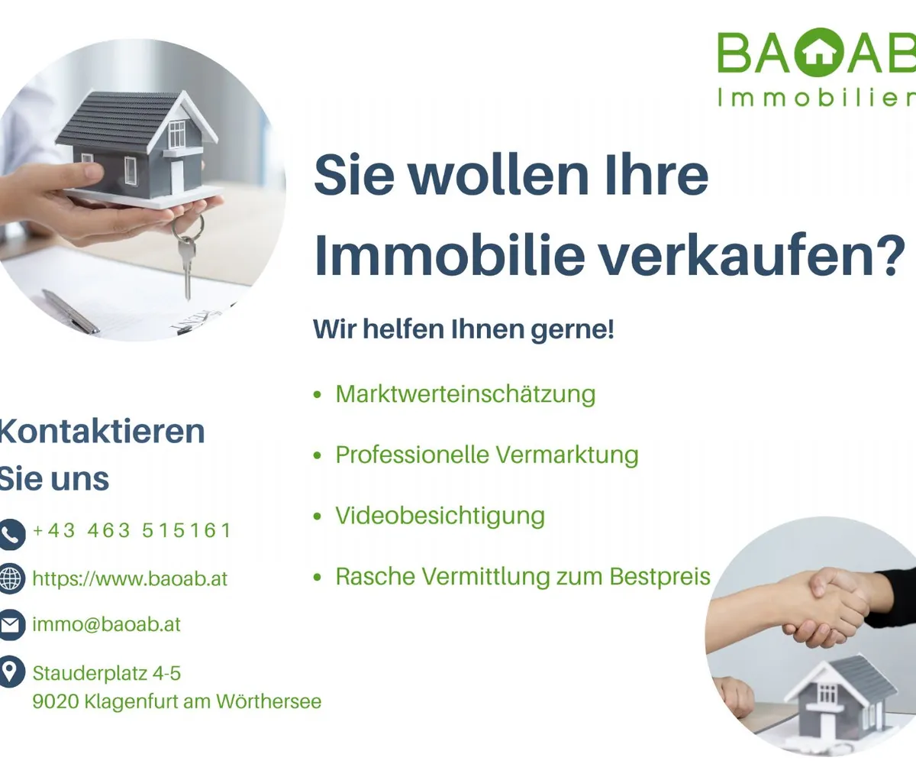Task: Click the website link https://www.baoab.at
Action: click(x=130, y=578)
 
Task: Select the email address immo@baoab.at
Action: click(x=107, y=624)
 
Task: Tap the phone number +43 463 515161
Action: click(x=131, y=530)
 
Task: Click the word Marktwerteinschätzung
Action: click(x=466, y=394)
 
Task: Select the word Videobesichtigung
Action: click(x=440, y=516)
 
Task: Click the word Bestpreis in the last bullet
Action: click(x=660, y=577)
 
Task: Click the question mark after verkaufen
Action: click(x=891, y=254)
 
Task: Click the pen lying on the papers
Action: click(x=71, y=312)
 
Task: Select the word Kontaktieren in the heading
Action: click(x=102, y=432)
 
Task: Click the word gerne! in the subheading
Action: click(x=572, y=330)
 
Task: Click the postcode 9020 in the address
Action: click(x=55, y=701)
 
